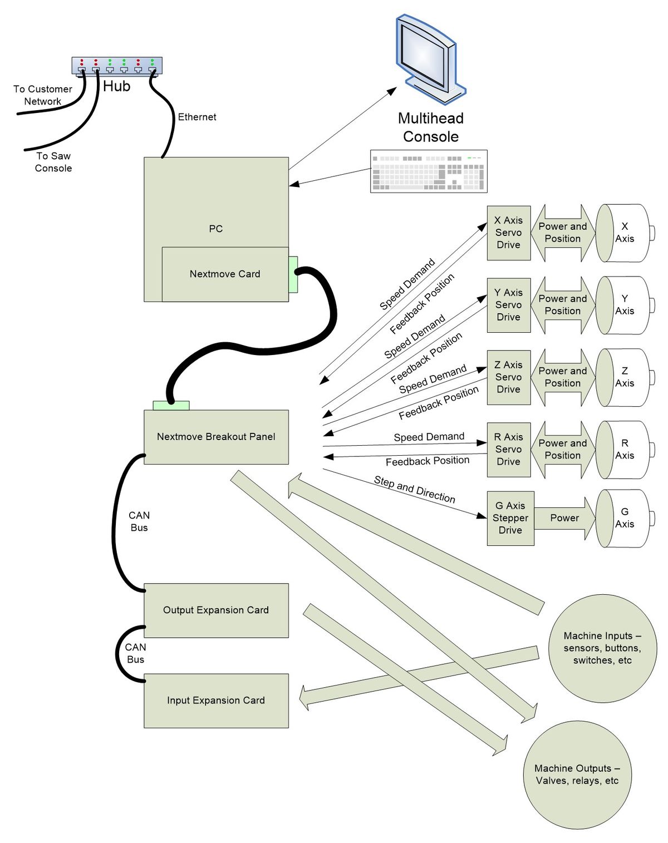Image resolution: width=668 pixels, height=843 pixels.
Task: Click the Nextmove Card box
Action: tap(225, 274)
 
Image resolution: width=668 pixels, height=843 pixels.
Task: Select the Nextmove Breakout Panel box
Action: tap(216, 437)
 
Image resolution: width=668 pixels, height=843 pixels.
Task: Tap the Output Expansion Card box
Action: tap(216, 610)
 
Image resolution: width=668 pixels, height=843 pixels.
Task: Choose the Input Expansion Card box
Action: tap(216, 701)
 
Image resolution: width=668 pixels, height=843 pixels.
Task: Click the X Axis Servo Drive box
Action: tap(508, 233)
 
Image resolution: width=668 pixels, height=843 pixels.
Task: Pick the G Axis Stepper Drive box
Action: tap(510, 518)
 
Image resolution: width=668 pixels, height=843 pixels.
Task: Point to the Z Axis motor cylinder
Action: tap(625, 377)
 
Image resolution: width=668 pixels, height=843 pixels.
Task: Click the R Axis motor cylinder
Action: tap(625, 450)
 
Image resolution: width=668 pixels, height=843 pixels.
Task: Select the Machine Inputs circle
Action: tap(602, 648)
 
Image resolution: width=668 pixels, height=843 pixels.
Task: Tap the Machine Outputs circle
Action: tap(577, 775)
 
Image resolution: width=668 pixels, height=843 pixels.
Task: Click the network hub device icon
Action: tap(117, 65)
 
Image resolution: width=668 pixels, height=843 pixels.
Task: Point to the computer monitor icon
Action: tap(430, 58)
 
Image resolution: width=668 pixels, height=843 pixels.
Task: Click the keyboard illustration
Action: tap(429, 171)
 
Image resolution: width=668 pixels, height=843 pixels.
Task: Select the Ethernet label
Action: tap(197, 117)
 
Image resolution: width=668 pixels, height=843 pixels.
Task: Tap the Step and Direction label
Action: tap(415, 489)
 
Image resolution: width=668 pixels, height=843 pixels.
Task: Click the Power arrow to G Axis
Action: tap(564, 518)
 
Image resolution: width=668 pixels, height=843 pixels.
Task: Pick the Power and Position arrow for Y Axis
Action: tap(562, 305)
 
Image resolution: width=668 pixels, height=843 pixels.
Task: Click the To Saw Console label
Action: tap(53, 162)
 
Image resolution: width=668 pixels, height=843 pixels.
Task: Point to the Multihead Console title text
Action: tap(431, 127)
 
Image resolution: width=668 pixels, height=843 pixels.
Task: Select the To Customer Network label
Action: tap(43, 95)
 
